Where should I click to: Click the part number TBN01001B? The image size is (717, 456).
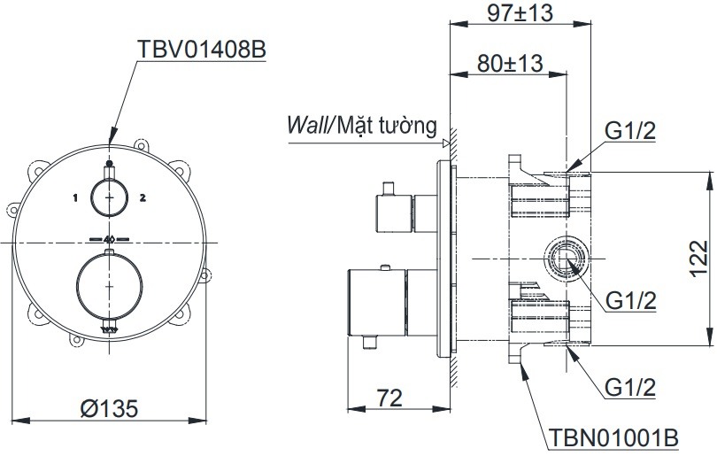(x=613, y=437)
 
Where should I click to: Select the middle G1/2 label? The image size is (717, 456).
(x=629, y=301)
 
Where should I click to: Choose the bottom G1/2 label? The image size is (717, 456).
(x=629, y=386)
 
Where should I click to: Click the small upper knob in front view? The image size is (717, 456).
(x=110, y=197)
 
